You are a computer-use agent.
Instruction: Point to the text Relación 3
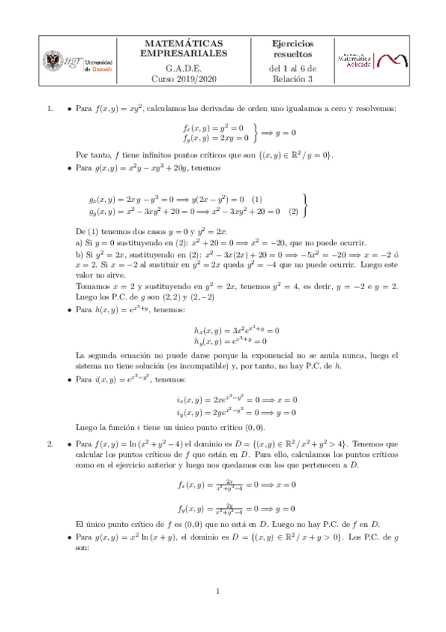pos(293,78)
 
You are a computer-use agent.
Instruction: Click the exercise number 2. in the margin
pos(49,445)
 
